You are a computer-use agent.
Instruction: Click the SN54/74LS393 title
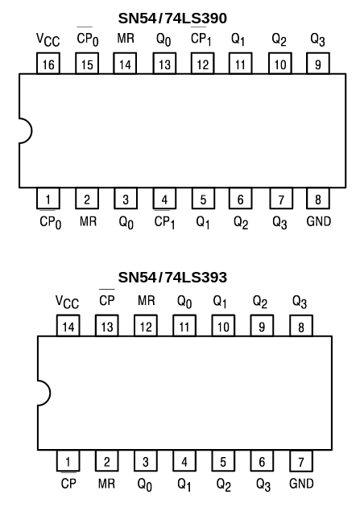(x=172, y=278)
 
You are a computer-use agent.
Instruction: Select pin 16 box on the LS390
(x=49, y=65)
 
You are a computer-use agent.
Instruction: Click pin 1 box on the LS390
(x=49, y=199)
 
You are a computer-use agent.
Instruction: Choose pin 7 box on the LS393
(x=300, y=461)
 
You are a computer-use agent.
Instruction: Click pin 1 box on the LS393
(x=68, y=461)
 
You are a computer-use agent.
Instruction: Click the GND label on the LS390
(x=319, y=221)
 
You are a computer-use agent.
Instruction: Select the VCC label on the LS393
(x=67, y=302)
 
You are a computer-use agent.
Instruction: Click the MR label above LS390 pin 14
(x=126, y=39)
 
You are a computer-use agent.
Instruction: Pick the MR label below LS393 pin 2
(x=107, y=485)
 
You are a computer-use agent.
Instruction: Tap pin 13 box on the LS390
(x=165, y=65)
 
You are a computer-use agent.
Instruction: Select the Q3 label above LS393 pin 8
(x=300, y=302)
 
